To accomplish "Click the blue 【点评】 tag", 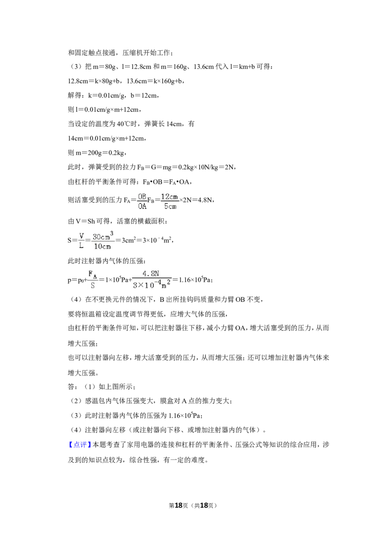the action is [79, 445].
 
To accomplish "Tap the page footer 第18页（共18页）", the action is [193, 505].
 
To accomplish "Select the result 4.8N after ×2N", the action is [205, 200].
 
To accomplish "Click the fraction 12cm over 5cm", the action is [170, 201].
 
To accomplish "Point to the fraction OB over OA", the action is [142, 201].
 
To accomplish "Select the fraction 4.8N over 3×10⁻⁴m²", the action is [151, 280].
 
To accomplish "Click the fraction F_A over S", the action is [93, 279].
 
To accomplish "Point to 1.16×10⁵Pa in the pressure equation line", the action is [194, 279].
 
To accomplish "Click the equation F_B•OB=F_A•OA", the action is [166, 182].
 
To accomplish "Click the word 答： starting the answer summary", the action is [72, 387].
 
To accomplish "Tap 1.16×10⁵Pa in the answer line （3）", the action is [185, 415].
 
